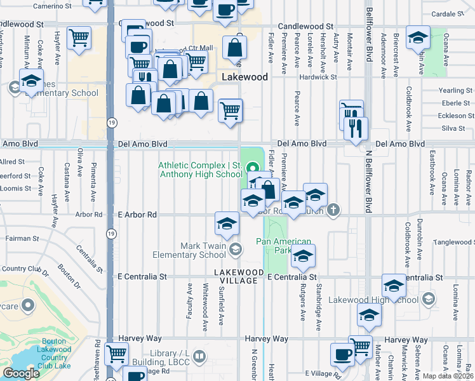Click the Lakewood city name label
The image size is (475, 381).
(244, 76)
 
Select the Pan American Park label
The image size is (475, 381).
(284, 246)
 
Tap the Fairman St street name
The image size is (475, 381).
(22, 239)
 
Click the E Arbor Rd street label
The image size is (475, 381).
(137, 215)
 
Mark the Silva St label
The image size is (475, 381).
(453, 128)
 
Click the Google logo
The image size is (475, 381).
(21, 373)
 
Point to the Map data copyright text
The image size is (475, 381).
(448, 376)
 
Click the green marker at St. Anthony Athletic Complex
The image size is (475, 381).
(253, 168)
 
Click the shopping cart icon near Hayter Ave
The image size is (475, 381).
(79, 38)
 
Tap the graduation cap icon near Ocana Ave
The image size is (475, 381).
(418, 37)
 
